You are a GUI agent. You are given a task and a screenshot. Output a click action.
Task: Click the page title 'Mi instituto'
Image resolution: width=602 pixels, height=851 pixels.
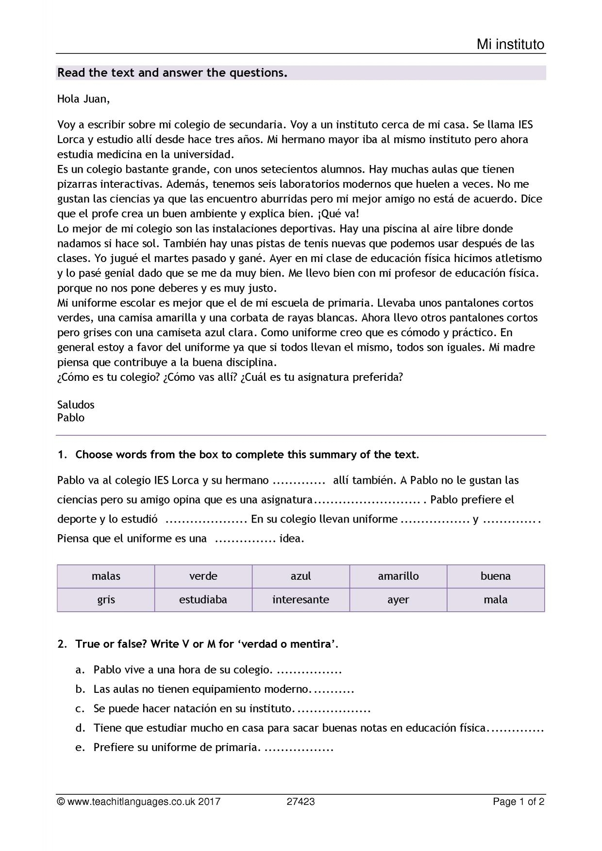click(x=510, y=45)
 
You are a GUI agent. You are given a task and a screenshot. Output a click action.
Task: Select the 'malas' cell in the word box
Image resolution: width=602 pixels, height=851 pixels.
click(x=106, y=576)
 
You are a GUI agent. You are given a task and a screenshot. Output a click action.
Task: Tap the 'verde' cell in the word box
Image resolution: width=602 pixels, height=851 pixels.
click(x=203, y=576)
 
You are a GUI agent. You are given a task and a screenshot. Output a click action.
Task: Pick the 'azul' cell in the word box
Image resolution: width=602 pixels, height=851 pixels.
click(x=301, y=576)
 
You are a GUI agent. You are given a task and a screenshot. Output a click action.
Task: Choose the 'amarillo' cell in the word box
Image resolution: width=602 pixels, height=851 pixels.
click(x=398, y=576)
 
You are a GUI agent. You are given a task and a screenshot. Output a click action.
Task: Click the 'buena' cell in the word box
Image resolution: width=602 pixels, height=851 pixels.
click(x=496, y=576)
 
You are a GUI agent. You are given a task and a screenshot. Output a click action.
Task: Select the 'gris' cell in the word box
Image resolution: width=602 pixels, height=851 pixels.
click(x=106, y=600)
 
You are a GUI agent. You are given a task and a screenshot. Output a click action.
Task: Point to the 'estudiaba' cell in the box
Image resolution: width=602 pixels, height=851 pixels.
click(x=203, y=600)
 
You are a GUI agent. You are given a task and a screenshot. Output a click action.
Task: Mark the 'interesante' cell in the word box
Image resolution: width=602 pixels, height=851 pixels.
click(x=301, y=600)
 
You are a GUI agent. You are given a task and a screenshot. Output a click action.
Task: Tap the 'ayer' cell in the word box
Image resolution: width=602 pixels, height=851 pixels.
click(x=398, y=600)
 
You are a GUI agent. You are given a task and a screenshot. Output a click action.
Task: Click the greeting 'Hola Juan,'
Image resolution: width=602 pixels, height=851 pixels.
click(x=84, y=99)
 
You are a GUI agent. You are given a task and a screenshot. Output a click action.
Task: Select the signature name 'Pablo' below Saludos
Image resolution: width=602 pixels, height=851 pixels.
click(x=71, y=418)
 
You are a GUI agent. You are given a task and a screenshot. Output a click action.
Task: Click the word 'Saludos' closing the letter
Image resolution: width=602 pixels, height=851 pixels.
click(x=76, y=405)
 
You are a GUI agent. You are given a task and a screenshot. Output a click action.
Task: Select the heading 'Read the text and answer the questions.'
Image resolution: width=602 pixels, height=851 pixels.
click(x=172, y=73)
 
